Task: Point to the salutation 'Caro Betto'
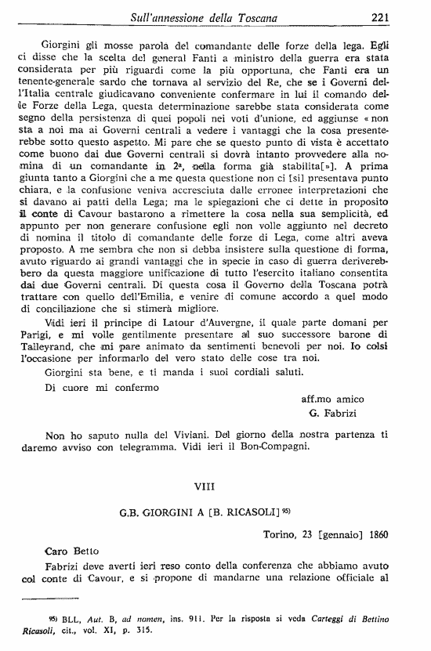[x=70, y=552]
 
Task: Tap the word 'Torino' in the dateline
[x=280, y=534]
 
